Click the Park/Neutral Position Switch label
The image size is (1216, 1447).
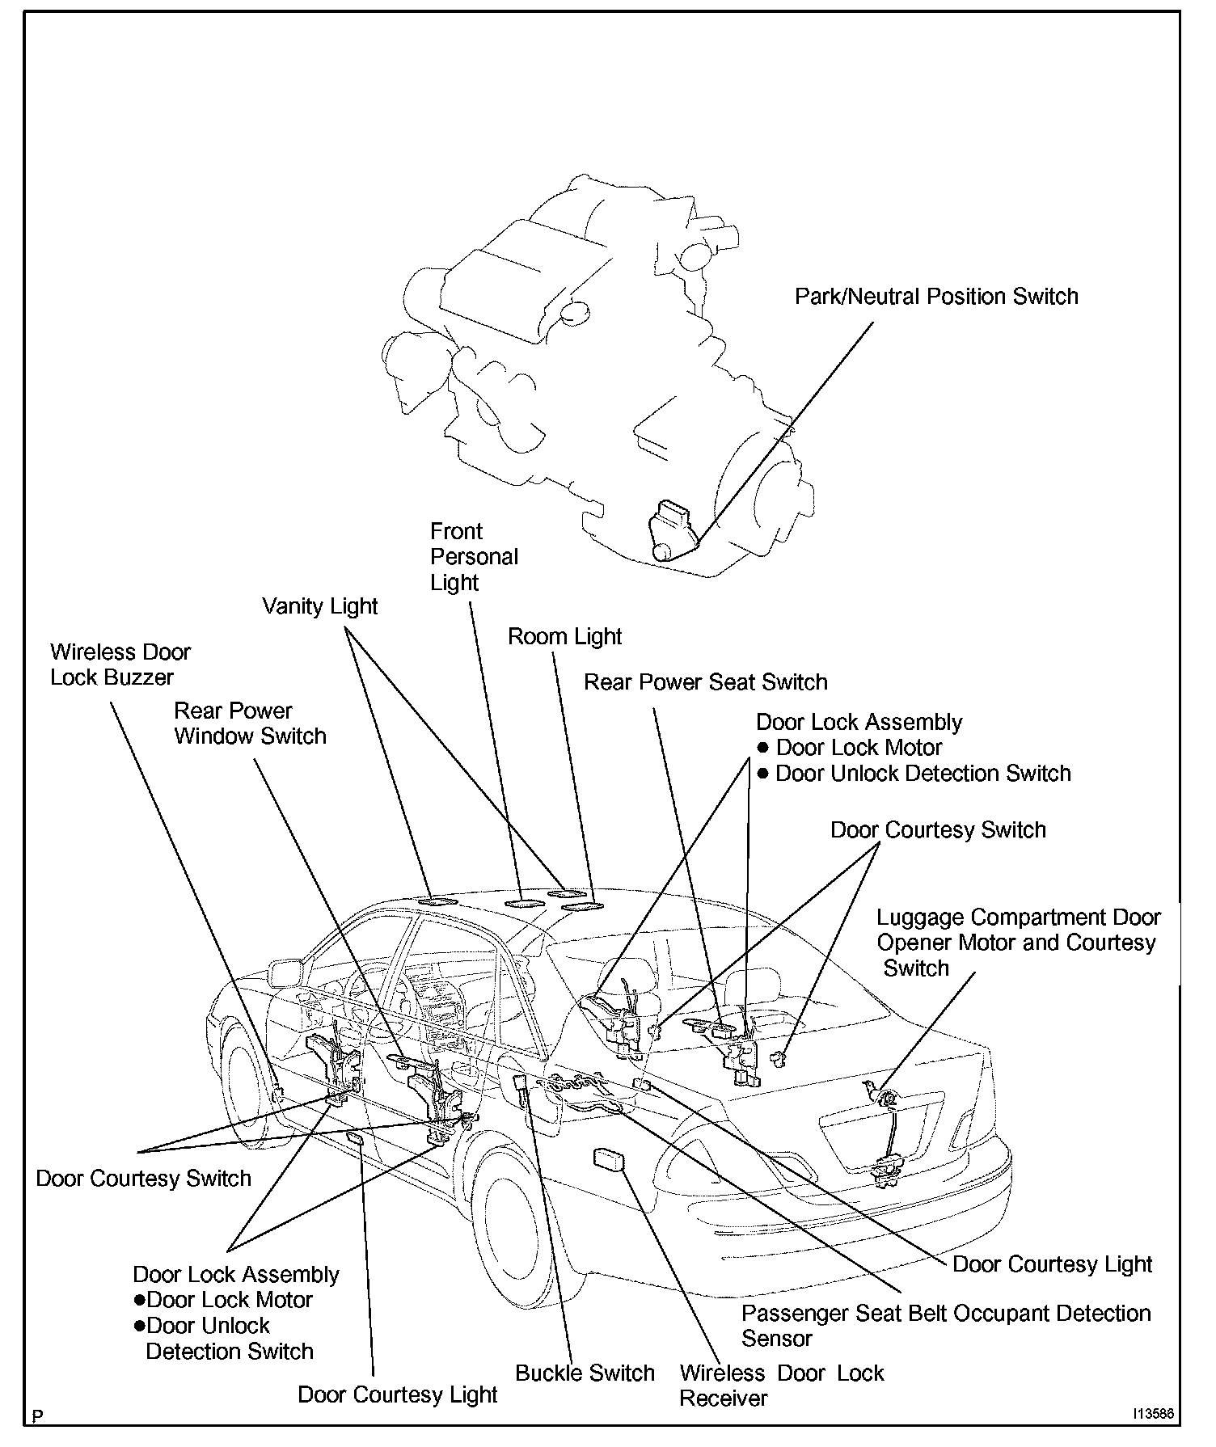pos(936,297)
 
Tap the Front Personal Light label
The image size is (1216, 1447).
pos(474,557)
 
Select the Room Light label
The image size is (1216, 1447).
pos(564,637)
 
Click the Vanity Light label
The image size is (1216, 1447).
pos(320,606)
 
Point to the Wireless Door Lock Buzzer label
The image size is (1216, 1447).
pos(120,664)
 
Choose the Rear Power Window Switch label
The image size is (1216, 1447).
pos(251,723)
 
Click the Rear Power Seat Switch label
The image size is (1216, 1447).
pos(705,682)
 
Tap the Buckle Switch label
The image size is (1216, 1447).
pos(585,1373)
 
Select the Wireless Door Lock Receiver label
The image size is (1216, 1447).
pos(781,1386)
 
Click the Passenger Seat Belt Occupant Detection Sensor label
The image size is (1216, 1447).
pos(945,1326)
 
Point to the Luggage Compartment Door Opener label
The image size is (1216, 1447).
pos(1018,943)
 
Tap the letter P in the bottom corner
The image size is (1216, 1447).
pos(37,1416)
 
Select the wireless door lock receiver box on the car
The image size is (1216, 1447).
pos(610,1159)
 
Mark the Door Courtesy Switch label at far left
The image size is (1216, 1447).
pos(143,1179)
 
